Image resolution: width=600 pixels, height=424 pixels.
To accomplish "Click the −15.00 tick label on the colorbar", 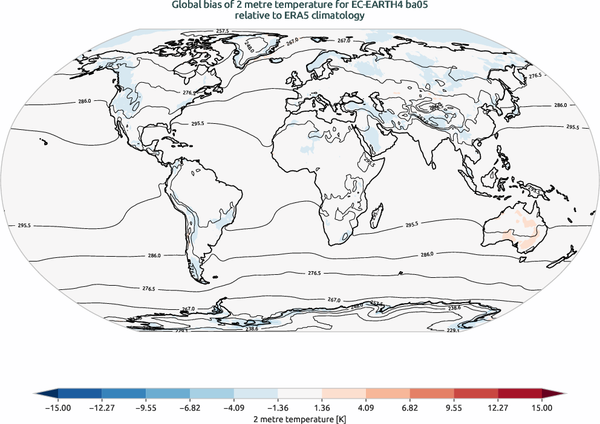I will point(58,408).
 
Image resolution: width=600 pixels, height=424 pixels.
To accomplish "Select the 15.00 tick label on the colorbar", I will point(542,408).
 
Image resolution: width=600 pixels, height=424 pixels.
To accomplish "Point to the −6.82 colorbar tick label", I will point(190,408).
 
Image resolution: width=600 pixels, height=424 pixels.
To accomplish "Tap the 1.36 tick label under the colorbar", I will point(322,408).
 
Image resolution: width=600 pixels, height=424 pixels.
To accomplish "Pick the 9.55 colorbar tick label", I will point(454,408).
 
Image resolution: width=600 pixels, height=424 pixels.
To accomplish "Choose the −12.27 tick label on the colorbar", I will point(102,408).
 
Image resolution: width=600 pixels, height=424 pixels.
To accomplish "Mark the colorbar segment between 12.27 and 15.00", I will point(520,394).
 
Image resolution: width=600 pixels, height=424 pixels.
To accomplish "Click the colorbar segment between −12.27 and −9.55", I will point(124,394).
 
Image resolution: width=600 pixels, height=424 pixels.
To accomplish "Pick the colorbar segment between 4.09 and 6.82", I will point(388,394).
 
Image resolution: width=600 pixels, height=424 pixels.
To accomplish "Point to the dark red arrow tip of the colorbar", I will point(553,394).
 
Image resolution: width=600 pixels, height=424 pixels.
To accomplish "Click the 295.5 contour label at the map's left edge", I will point(24,225).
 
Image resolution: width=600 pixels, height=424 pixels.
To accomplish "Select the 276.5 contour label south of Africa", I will point(315,273).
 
